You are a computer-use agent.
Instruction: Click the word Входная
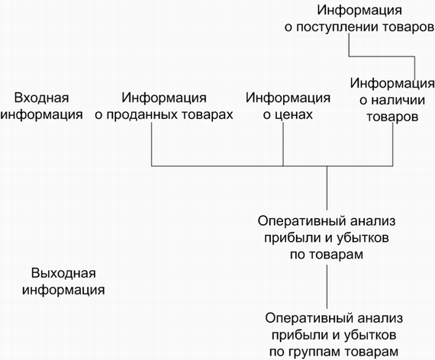coord(41,98)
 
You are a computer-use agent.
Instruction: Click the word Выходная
coord(63,273)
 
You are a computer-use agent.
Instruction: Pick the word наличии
coord(398,100)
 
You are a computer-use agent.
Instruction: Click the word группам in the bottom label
coord(313,352)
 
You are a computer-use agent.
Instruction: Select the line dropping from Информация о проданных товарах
coord(151,144)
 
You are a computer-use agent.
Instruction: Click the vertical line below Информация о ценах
coord(283,144)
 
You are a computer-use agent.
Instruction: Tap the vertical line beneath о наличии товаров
coord(393,144)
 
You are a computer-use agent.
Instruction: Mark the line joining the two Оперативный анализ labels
coord(327,287)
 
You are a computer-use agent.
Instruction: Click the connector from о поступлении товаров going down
coord(382,56)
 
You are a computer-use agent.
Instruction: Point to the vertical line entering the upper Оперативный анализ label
coord(327,188)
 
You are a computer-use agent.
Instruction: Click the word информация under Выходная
coord(63,291)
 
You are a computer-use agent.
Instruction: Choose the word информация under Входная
coord(41,115)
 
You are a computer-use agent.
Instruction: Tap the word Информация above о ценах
coord(288,98)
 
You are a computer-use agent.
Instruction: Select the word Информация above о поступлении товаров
coord(359,10)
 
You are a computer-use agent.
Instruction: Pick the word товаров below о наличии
coord(392,117)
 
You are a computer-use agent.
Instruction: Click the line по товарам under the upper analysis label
coord(327,254)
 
